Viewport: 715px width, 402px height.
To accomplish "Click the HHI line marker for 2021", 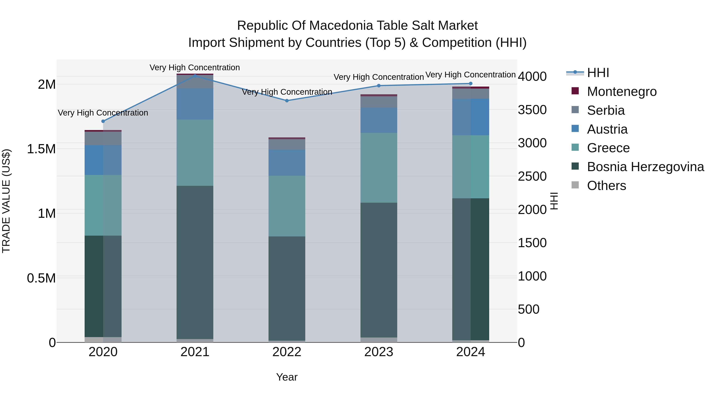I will pos(195,75).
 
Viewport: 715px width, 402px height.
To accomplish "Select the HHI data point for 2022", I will pos(287,101).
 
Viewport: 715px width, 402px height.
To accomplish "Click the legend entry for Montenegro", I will pos(621,92).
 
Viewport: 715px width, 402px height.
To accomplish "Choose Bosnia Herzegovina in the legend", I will pos(645,167).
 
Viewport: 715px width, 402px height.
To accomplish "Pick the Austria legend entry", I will pos(607,129).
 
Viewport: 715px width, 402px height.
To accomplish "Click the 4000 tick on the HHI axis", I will pos(532,77).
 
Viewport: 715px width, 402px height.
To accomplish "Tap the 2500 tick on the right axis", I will pos(532,176).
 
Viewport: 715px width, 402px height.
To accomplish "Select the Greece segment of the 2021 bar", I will pos(195,153).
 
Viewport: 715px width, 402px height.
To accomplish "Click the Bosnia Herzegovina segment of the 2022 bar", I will pos(287,288).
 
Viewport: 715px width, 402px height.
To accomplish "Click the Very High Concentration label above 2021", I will pos(195,67).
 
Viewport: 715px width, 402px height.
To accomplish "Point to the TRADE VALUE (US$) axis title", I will pos(6,201).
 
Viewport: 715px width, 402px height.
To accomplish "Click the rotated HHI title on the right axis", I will pos(554,201).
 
